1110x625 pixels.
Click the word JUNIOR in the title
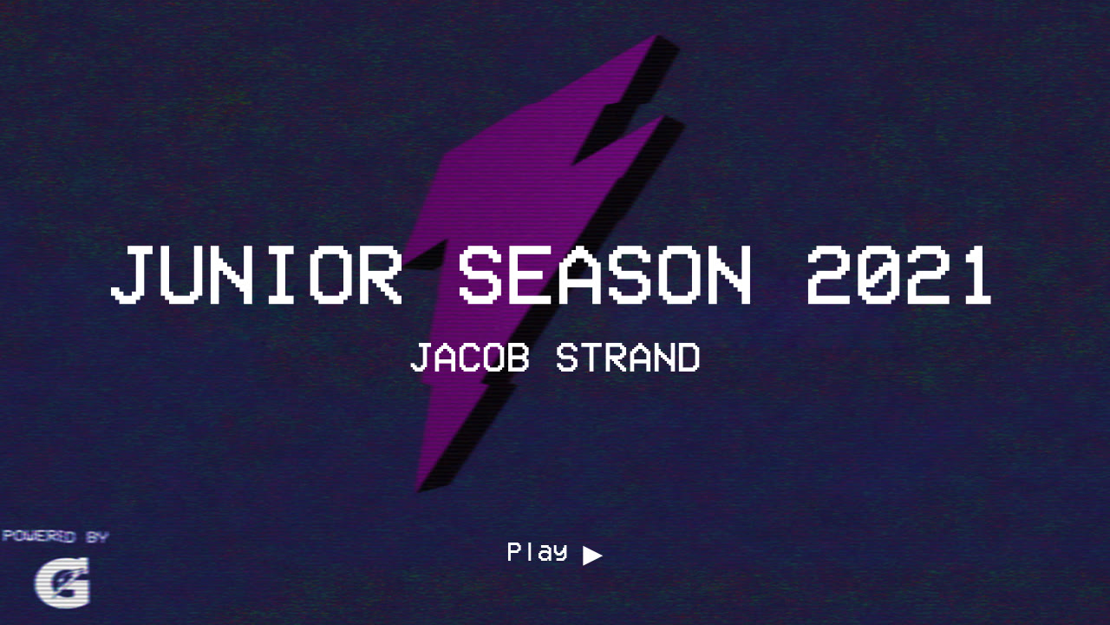(x=257, y=275)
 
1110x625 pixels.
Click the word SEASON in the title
(x=604, y=275)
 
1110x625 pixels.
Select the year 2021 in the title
(x=898, y=275)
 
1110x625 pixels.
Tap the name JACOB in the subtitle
(x=469, y=358)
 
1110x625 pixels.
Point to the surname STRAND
(x=628, y=358)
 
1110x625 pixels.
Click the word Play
(x=537, y=551)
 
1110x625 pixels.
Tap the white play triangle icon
(x=591, y=556)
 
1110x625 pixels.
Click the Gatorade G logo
(x=62, y=583)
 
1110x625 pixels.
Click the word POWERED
(x=38, y=536)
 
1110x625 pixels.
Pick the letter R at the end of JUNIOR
(x=380, y=275)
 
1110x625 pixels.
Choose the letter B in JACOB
(x=517, y=358)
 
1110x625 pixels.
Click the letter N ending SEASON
(x=728, y=275)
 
